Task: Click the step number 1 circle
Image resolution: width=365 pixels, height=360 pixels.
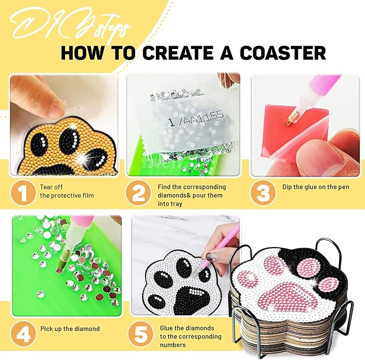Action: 23,193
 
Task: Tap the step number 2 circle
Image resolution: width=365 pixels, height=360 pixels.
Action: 138,193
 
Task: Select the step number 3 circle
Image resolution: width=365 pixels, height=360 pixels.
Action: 263,193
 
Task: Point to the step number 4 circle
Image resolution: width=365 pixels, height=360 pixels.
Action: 23,334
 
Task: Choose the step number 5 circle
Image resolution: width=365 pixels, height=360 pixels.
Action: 141,334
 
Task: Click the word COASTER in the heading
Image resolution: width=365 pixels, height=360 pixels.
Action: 283,53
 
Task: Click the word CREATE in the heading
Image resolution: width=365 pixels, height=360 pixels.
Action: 177,53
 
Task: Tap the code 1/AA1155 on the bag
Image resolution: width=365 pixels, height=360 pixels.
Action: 195,118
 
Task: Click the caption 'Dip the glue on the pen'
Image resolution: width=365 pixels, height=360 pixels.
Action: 316,187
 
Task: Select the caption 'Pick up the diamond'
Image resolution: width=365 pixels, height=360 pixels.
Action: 70,329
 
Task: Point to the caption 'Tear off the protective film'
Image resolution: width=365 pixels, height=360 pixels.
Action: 67,192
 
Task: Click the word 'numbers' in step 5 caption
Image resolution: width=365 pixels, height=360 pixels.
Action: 173,345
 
